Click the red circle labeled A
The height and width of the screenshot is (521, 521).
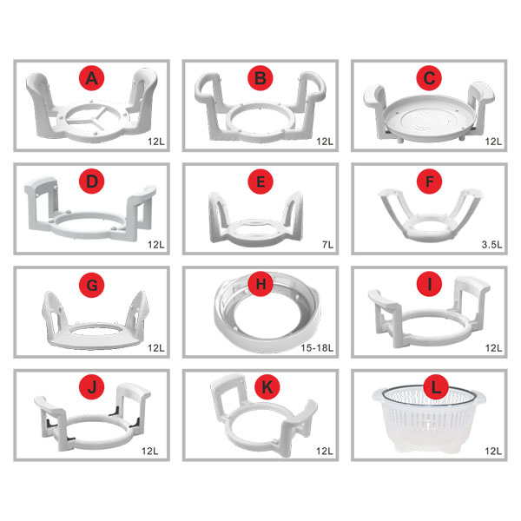coord(92,78)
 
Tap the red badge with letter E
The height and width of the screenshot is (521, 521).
coord(260,181)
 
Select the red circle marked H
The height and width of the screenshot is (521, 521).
coord(260,284)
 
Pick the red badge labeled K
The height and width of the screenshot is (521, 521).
coord(267,387)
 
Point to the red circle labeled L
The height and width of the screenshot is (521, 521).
coord(436,387)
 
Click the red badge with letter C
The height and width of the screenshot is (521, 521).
coord(429,78)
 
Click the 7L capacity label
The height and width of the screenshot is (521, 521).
coord(327,245)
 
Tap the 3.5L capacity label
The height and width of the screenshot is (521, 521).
coord(491,245)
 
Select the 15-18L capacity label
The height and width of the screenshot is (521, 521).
coord(317,348)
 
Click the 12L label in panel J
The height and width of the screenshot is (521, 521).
coord(150,451)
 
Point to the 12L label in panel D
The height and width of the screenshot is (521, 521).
coord(155,245)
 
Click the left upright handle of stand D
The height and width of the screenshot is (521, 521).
coord(42,201)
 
